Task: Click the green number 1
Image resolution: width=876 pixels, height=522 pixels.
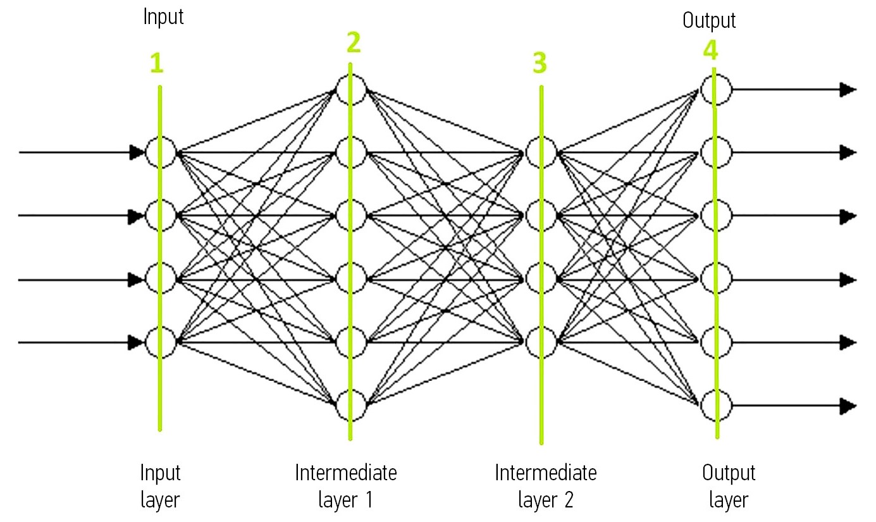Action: point(156,63)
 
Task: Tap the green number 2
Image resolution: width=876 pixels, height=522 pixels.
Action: point(354,42)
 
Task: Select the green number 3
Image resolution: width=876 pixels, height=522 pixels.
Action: point(540,63)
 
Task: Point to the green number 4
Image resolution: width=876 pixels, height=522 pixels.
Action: point(710,49)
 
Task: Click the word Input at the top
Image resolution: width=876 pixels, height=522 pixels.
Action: point(163,17)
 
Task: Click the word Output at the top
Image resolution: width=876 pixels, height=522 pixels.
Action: point(709,21)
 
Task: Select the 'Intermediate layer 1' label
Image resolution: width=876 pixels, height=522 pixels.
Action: point(346,486)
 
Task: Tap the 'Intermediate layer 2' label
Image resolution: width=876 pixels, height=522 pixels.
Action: point(545,486)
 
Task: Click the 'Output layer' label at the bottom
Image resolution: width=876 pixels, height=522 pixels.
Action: point(729,486)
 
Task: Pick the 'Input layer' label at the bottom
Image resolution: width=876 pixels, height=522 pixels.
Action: point(160,486)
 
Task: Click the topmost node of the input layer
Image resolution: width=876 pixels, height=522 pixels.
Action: point(160,152)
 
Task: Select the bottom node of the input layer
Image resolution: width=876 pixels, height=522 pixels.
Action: point(160,342)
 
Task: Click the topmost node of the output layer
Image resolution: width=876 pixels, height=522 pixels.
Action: point(716,89)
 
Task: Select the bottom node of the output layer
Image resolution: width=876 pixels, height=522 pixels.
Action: point(716,406)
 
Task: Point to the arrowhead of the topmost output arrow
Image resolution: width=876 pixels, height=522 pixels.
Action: point(848,89)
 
